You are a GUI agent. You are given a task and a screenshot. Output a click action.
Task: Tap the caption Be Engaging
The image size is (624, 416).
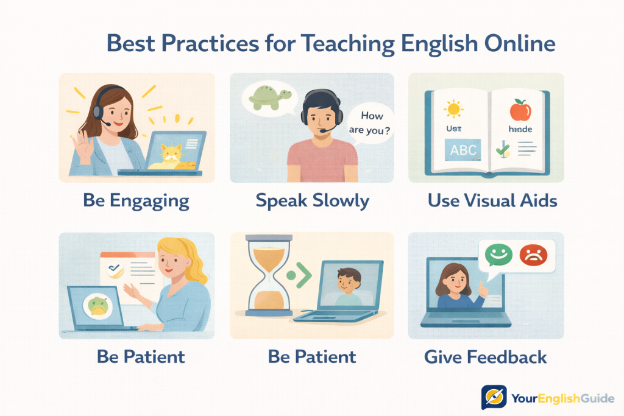[136, 200]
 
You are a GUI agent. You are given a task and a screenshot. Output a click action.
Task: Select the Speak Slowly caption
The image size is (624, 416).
[312, 200]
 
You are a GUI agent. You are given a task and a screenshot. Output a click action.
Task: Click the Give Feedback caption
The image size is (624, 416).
[486, 357]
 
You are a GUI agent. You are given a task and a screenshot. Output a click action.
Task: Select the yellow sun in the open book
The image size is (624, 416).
[453, 110]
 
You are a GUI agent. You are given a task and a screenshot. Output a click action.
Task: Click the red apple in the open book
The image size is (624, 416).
[520, 110]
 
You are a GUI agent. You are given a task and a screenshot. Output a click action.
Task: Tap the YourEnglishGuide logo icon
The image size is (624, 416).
[494, 397]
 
